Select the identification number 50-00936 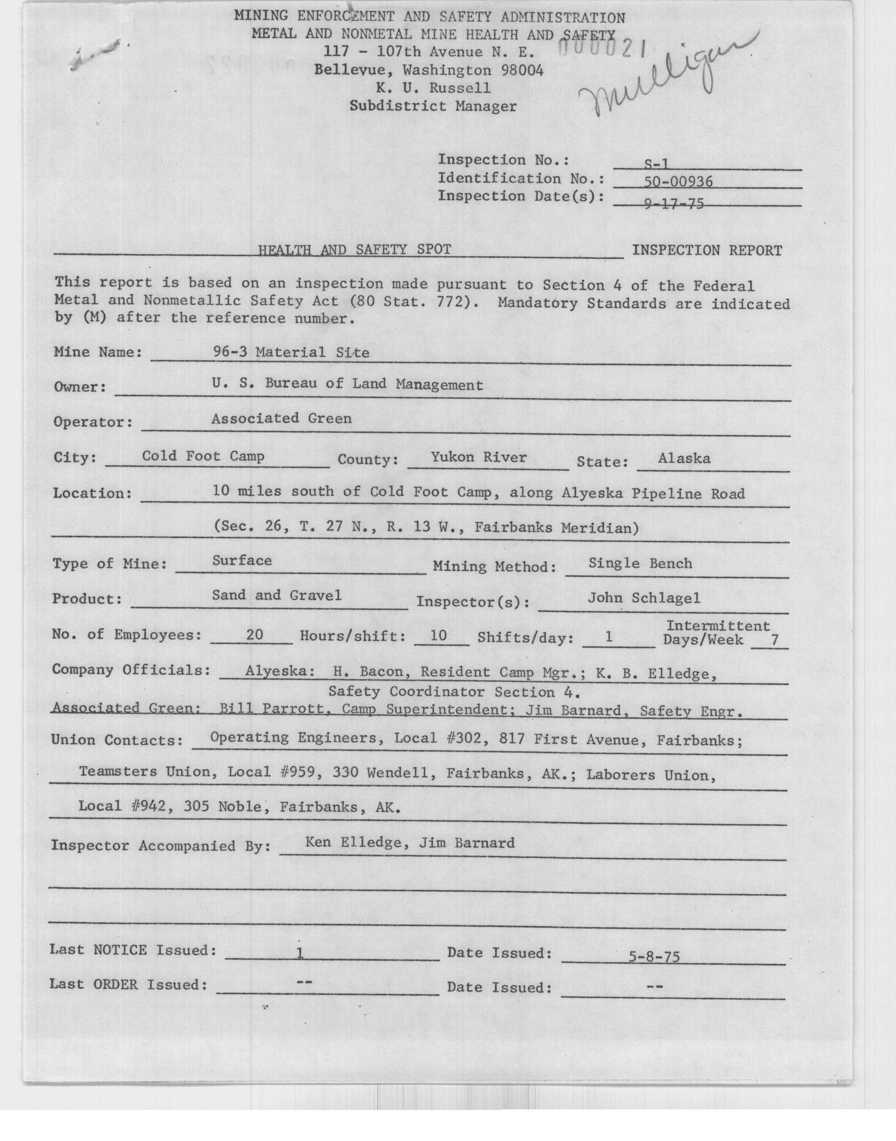pos(678,182)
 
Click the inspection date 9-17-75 pos(674,203)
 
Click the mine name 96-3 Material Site pos(291,352)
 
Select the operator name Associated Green pos(281,419)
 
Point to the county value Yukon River pos(479,457)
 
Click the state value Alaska pos(684,458)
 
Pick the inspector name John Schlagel pos(643,598)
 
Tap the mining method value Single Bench pos(640,563)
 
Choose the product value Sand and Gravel pos(276,595)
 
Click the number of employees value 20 pos(255,635)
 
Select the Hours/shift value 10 pos(438,636)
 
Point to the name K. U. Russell pos(433,88)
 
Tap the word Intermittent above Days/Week pos(718,626)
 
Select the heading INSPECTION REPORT pos(707,250)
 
